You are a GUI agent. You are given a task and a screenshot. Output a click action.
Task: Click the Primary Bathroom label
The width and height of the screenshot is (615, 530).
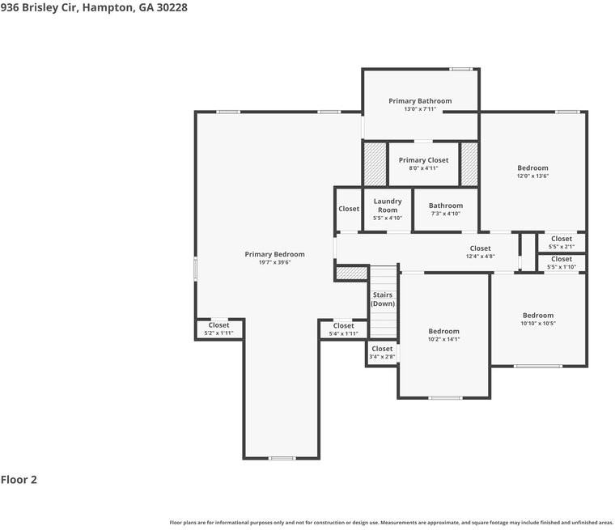[x=420, y=101]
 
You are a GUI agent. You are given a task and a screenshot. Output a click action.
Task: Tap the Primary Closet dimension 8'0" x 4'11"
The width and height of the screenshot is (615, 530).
[x=423, y=168]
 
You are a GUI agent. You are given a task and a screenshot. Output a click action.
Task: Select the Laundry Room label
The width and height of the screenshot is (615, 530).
[x=388, y=206]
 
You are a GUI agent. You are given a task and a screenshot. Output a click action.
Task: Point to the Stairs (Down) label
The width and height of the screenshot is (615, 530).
[x=383, y=299]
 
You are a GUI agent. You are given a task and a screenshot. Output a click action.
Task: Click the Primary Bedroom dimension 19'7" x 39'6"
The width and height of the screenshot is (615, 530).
[x=274, y=262]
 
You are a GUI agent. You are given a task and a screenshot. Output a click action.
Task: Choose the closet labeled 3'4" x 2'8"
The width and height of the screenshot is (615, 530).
[x=382, y=352]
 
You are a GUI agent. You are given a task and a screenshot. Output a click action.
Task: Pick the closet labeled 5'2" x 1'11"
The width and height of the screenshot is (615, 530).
[x=218, y=329]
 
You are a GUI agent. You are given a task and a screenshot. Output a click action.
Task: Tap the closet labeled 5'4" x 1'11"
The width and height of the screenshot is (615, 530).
[x=344, y=329]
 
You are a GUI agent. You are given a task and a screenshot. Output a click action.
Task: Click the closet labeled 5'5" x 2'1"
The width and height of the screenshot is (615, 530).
[x=562, y=242]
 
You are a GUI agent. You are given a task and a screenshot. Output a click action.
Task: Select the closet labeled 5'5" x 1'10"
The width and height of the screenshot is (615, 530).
[x=562, y=262]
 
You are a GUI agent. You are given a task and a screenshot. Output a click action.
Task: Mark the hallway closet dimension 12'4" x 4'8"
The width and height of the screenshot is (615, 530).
[x=481, y=257]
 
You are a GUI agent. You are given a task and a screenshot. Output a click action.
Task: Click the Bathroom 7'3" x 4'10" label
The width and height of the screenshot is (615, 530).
[x=446, y=209]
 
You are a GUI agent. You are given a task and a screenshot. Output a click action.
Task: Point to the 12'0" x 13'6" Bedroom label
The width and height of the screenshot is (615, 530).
[x=532, y=172]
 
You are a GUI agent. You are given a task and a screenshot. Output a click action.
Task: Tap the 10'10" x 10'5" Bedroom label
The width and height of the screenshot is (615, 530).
[x=538, y=319]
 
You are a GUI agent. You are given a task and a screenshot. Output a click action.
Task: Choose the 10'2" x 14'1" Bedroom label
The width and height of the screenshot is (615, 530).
[x=443, y=335]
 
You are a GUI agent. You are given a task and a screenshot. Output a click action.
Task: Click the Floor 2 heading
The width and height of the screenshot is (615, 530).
[x=19, y=479]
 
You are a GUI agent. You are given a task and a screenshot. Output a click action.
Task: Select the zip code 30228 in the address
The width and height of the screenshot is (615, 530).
[x=172, y=7]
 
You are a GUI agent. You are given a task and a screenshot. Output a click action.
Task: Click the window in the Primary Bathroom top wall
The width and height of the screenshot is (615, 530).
[x=461, y=69]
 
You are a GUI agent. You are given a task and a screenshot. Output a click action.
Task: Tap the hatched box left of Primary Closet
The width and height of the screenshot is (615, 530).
[x=375, y=164]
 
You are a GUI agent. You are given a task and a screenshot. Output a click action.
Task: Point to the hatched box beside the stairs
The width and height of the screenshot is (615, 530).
[x=351, y=273]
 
